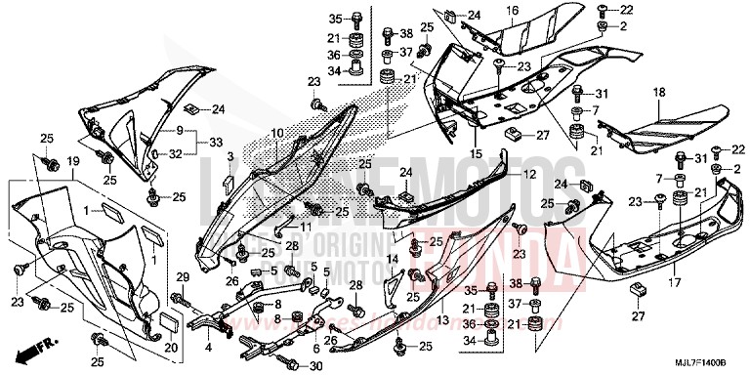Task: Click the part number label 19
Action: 72,161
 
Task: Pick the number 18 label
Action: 658,93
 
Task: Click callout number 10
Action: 277,132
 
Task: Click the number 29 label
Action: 181,280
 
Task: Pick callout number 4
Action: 208,347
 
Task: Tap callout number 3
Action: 229,156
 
